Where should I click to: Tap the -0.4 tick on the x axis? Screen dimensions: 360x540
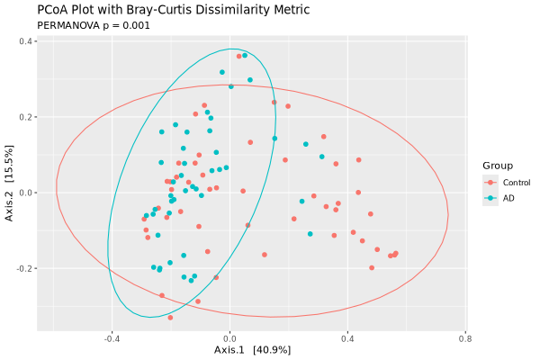click(x=112, y=339)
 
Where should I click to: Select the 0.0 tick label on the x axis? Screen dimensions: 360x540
click(x=229, y=339)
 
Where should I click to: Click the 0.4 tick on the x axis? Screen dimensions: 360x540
click(x=346, y=339)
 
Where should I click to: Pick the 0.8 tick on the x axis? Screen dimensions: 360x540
click(x=464, y=339)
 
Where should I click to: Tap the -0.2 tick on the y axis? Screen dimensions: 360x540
click(x=23, y=268)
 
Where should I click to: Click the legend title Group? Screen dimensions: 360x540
click(x=497, y=166)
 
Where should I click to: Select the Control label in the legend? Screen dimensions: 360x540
click(x=516, y=183)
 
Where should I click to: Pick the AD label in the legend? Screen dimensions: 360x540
click(x=508, y=198)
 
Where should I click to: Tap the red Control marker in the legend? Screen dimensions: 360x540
click(x=490, y=183)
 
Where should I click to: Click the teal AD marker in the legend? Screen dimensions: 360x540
click(x=490, y=198)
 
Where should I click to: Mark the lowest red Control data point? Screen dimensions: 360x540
click(x=170, y=317)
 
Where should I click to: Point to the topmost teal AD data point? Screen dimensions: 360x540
click(x=245, y=55)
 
